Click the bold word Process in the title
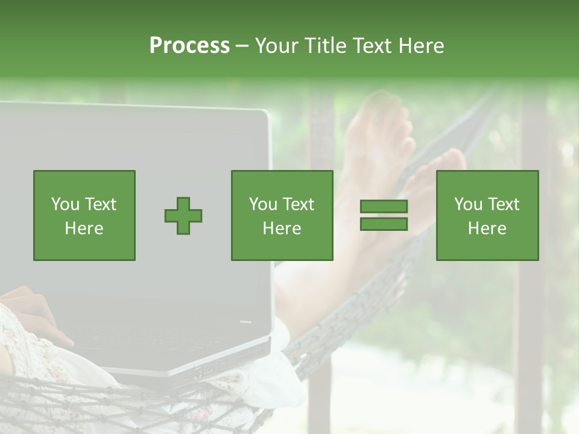(189, 46)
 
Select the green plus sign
(183, 216)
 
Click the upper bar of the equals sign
(384, 206)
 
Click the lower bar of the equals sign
(384, 224)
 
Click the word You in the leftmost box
(65, 204)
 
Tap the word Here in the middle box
(282, 228)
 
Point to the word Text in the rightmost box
(504, 204)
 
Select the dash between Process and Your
(242, 46)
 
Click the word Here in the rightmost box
(487, 228)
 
